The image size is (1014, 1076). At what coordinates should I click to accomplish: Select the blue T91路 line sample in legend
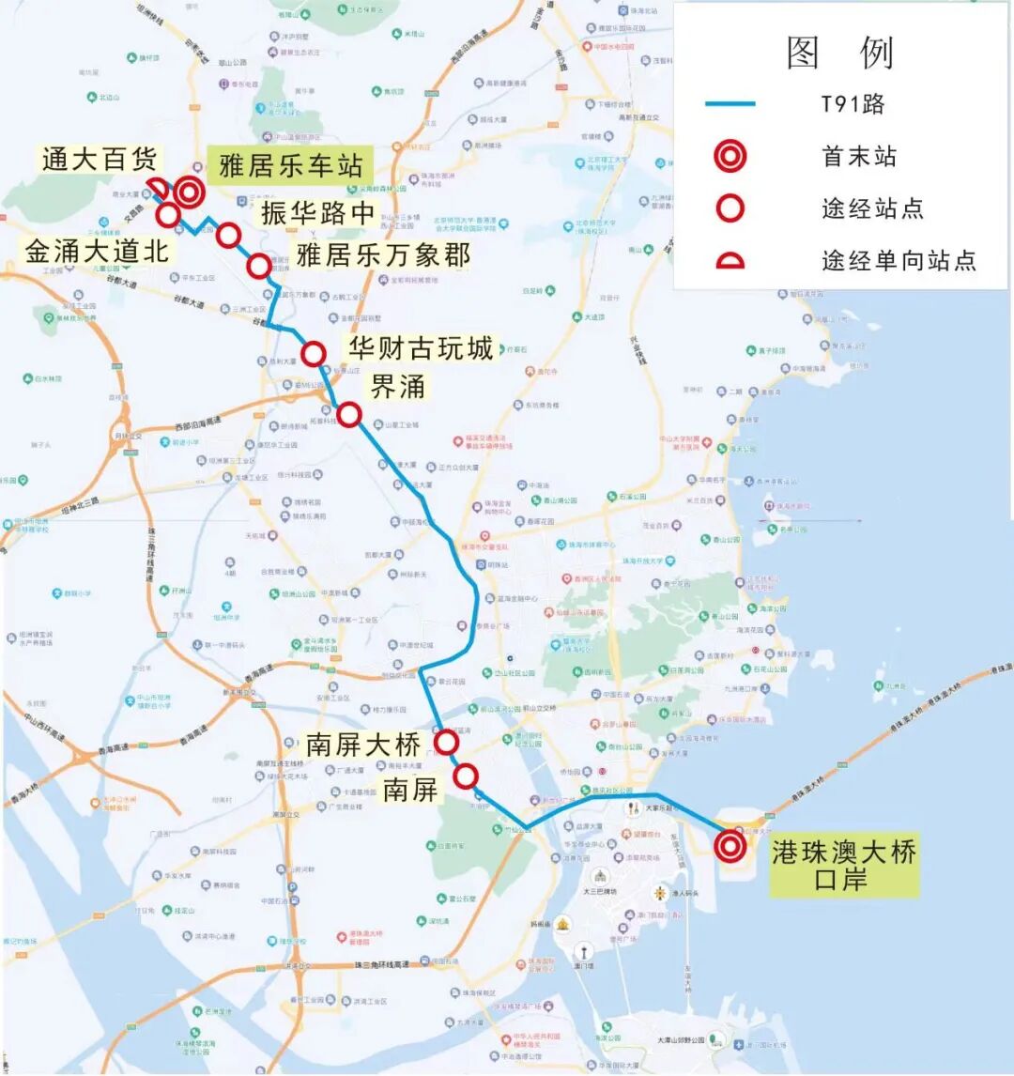point(730,103)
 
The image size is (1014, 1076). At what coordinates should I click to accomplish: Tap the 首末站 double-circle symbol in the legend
point(730,156)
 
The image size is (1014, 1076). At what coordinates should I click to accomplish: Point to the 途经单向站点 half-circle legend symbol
point(730,260)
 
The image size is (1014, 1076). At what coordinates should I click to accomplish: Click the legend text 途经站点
point(872,208)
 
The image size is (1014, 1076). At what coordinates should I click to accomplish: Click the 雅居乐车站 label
point(290,167)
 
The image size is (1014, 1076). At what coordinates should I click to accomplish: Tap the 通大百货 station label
point(100,159)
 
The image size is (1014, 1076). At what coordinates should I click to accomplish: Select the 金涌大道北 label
point(97,251)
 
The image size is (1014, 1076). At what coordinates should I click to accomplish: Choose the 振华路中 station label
point(317,212)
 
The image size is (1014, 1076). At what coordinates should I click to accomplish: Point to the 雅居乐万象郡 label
point(383,254)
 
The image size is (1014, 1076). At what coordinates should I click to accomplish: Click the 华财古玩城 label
point(421,349)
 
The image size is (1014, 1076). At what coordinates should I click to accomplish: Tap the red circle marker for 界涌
point(348,414)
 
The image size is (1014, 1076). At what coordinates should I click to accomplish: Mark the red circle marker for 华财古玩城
point(314,354)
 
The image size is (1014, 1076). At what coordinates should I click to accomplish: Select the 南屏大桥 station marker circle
point(446,743)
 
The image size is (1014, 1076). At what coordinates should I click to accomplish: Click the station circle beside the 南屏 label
point(466,776)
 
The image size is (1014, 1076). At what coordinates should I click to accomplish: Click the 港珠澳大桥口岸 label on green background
point(843,866)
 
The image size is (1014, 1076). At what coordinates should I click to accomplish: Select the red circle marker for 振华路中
point(228,235)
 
